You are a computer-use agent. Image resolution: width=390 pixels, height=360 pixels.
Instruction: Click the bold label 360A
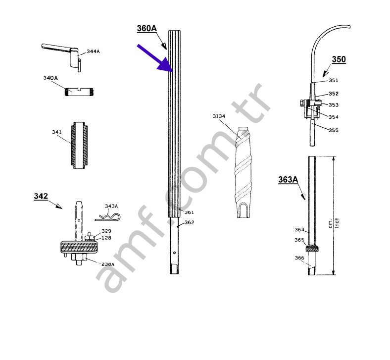[147, 28]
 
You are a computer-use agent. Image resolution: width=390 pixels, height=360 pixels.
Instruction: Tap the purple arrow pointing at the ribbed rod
[155, 58]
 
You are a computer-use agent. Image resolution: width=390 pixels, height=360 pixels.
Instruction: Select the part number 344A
[93, 51]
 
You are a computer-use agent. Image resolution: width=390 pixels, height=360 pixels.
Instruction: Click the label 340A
[50, 78]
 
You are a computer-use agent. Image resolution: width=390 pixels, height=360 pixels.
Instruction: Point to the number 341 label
[57, 132]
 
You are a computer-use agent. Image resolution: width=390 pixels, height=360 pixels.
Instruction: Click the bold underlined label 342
[41, 196]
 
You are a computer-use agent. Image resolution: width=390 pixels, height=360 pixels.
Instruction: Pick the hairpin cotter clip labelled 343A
[108, 217]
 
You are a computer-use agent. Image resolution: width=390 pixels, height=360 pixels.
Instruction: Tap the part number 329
[106, 231]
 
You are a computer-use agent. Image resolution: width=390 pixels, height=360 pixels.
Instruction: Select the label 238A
[108, 264]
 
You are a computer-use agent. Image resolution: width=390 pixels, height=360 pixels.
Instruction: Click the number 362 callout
[189, 222]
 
